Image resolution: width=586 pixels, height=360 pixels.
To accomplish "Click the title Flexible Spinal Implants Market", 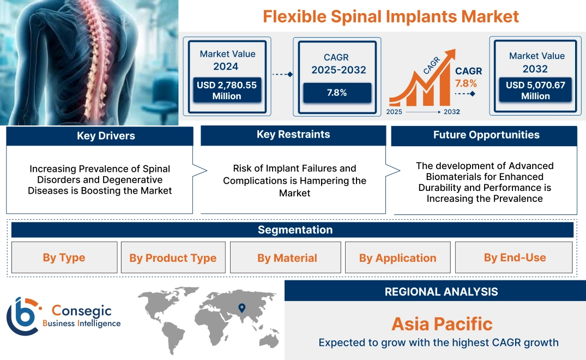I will click(x=390, y=16).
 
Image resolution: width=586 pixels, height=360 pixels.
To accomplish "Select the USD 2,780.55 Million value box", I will click(x=227, y=90).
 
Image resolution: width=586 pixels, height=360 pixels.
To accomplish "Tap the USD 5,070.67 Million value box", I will click(x=535, y=90).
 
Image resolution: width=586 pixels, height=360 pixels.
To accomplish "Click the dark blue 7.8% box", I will click(x=337, y=93).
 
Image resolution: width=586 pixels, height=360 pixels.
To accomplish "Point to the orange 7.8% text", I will click(x=466, y=83).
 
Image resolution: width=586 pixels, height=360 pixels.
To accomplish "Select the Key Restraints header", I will click(x=293, y=135).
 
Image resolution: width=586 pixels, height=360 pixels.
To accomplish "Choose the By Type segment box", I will click(x=64, y=257).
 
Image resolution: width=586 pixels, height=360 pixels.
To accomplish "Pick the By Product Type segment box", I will click(x=173, y=257).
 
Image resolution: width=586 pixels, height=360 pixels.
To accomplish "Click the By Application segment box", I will click(x=397, y=257).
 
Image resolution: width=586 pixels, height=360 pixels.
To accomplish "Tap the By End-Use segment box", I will click(x=515, y=257).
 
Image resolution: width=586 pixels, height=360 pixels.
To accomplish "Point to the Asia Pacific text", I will click(x=442, y=324).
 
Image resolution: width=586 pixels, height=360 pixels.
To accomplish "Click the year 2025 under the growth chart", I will click(x=395, y=112).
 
